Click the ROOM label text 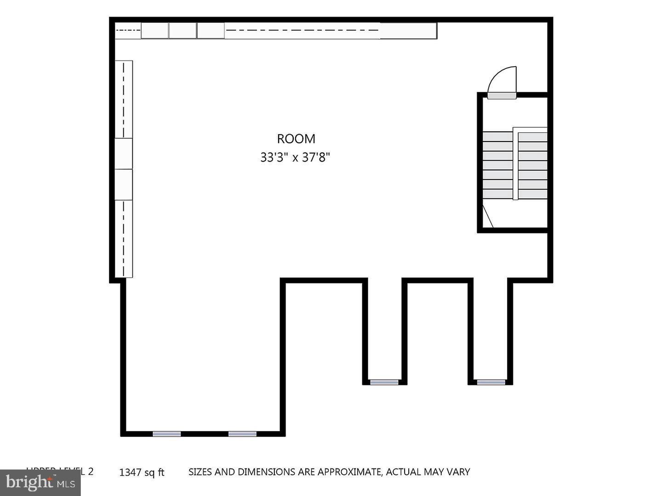point(296,139)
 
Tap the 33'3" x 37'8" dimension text point(295,158)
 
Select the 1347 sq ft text point(142,472)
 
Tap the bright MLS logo point(40,483)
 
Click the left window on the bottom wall point(166,434)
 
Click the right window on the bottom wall point(242,434)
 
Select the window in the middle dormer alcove point(384,382)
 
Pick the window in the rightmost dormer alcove point(491,382)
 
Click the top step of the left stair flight point(497,137)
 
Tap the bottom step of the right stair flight point(533,194)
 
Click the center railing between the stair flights point(515,165)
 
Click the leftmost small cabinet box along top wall point(154,31)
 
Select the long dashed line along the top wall point(302,31)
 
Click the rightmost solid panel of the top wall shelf point(408,31)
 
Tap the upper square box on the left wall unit point(124,153)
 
